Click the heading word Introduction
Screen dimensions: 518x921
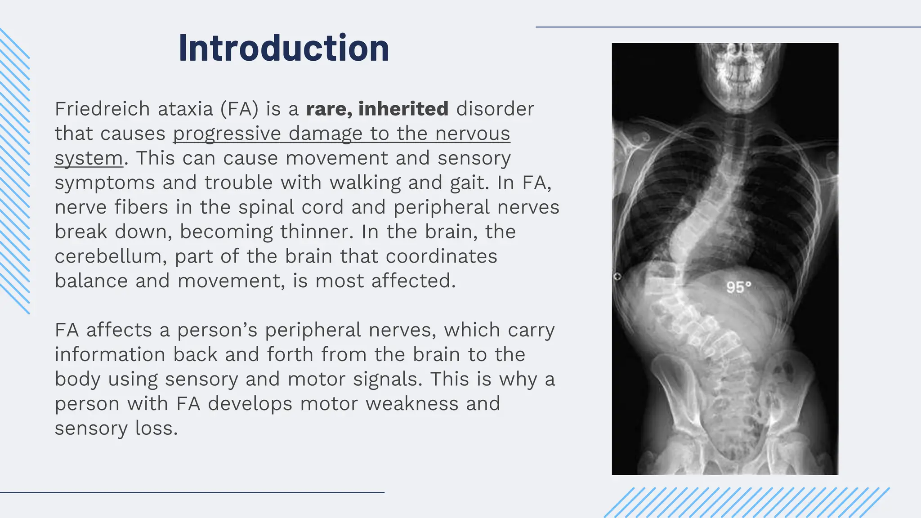(x=283, y=48)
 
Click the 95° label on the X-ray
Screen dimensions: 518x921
(x=738, y=287)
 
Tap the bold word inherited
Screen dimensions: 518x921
(x=403, y=109)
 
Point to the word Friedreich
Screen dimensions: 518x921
(x=102, y=109)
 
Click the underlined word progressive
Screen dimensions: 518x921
(x=227, y=134)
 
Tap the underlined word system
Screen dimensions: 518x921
(x=89, y=158)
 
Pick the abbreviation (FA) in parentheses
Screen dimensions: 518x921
(x=239, y=109)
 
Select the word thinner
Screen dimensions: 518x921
(x=314, y=232)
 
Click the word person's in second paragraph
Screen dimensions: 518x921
(x=217, y=330)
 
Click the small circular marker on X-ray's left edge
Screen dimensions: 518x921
(x=617, y=277)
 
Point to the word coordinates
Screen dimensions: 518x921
(x=441, y=256)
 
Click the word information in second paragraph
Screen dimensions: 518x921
(x=110, y=354)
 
